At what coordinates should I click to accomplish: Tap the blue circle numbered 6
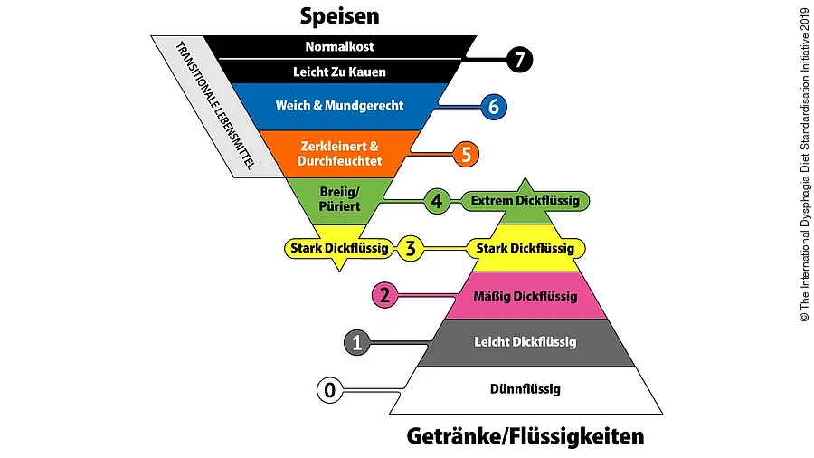coord(493,106)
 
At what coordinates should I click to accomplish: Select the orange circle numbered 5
coord(466,154)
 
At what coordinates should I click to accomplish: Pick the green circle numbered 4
coord(438,201)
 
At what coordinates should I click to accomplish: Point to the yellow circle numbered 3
coord(410,248)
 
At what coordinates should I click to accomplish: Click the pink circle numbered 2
coord(385,295)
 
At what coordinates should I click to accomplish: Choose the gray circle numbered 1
coord(357,342)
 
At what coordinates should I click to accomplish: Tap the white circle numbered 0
coord(330,390)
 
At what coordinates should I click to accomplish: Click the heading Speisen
coord(339,16)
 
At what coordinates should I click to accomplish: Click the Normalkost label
coord(340,46)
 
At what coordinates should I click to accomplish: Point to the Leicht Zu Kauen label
coord(340,71)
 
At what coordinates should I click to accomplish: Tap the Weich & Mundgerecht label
coord(339,106)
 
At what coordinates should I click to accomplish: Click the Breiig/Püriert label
coord(340,199)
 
